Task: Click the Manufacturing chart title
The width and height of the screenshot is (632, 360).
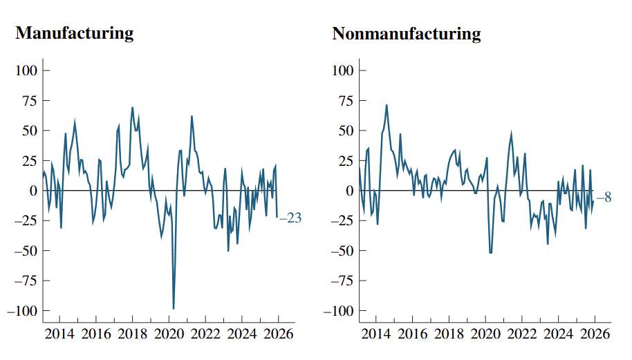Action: pos(75,33)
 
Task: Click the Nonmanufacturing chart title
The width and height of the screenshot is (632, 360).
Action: pos(407,33)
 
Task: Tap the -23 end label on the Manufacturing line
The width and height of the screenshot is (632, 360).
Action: pos(290,218)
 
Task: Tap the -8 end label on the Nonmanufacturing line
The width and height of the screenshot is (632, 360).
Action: pos(604,198)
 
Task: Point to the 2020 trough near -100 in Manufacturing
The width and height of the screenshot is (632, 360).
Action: pos(174,309)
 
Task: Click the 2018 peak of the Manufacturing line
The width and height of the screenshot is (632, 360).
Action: pos(132,108)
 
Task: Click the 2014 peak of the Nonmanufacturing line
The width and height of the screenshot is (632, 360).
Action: pos(387,105)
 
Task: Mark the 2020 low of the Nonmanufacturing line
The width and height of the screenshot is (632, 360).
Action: pos(490,252)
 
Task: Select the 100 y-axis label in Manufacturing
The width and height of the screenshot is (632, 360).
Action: pos(26,70)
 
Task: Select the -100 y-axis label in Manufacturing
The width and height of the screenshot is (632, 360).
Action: pos(22,311)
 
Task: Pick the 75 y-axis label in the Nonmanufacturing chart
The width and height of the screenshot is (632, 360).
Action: pos(346,101)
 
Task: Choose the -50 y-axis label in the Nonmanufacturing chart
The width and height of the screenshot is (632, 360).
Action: pos(342,251)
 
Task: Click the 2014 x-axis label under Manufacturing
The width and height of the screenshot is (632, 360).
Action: pos(59,334)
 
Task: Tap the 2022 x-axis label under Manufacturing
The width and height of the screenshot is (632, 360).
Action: pos(205,334)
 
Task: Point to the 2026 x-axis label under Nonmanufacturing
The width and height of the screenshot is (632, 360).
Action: pos(595,334)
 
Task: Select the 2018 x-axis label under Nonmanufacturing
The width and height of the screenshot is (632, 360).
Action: pos(449,334)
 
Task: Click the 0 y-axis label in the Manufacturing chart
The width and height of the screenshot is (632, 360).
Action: pos(33,191)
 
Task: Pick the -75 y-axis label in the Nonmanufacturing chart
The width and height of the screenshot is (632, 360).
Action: pos(342,281)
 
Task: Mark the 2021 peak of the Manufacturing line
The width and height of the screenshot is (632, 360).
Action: pos(192,116)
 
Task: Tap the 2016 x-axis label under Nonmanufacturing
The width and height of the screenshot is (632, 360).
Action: pos(412,334)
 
